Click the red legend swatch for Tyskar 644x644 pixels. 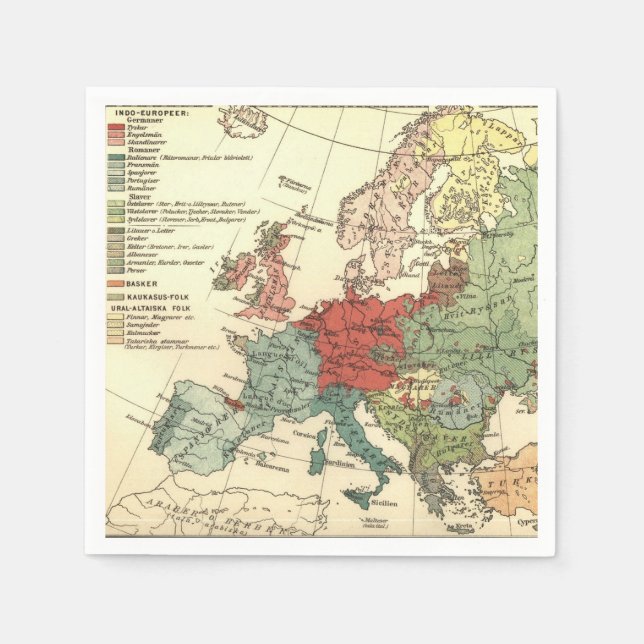click(115, 129)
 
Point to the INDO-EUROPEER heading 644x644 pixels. click(141, 112)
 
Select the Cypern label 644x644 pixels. click(527, 521)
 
